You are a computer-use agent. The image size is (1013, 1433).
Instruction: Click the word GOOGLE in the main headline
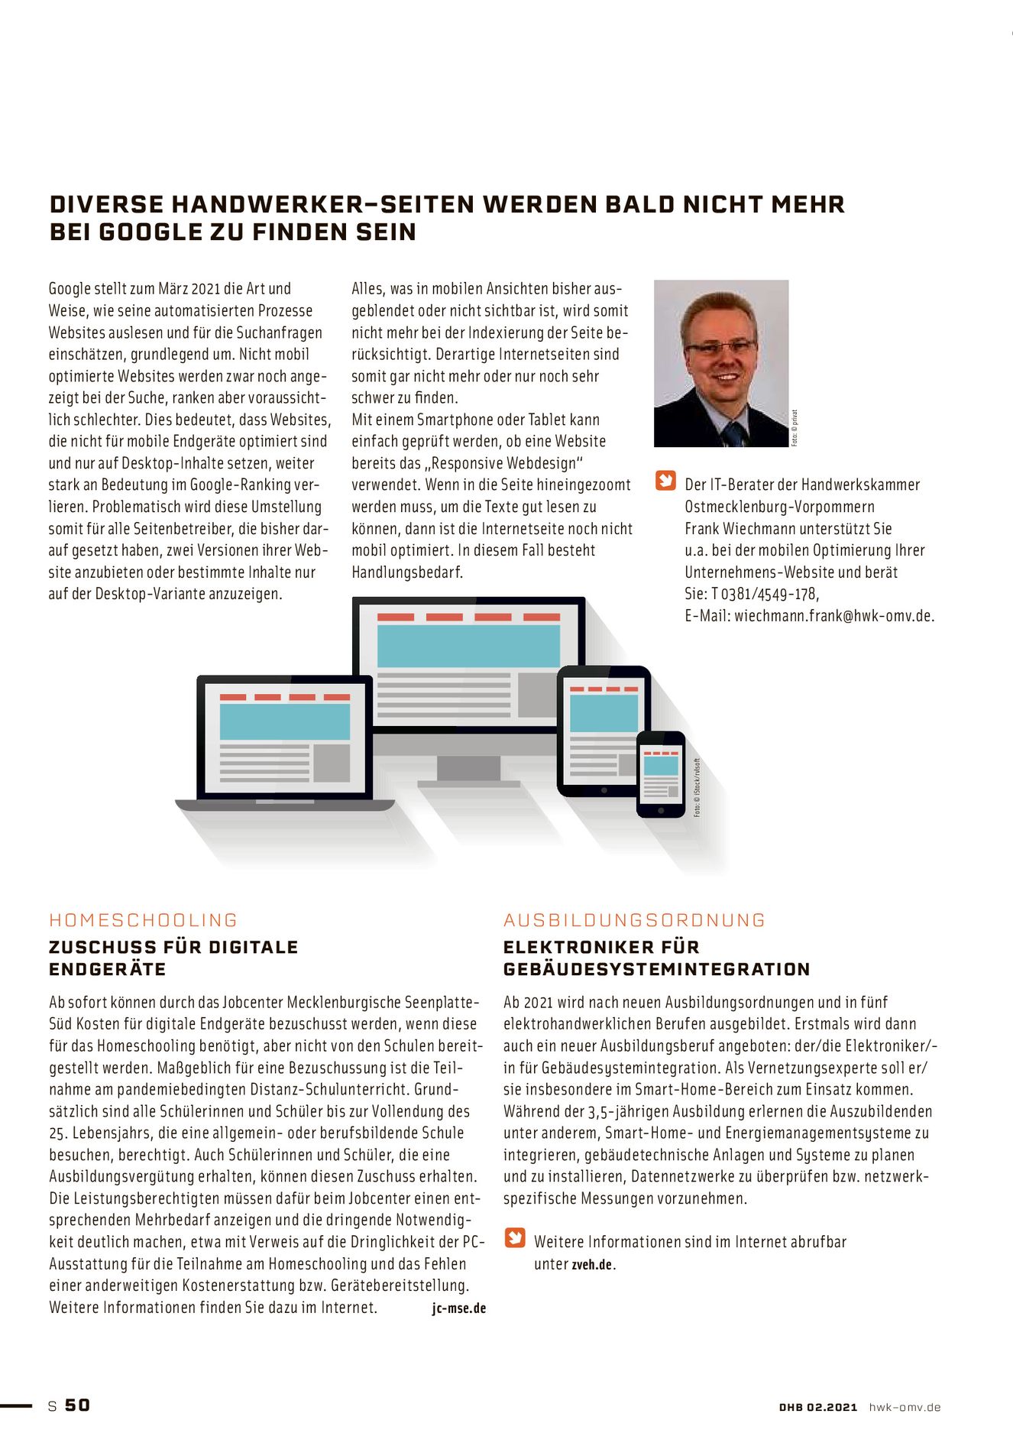149,232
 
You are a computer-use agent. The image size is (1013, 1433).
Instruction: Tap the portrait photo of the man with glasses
720,363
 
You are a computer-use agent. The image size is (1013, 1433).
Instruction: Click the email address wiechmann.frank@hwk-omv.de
834,616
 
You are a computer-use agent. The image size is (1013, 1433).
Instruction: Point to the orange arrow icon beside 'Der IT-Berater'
666,481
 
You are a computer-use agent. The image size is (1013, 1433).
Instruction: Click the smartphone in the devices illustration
661,773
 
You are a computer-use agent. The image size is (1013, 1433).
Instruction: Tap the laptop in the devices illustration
284,741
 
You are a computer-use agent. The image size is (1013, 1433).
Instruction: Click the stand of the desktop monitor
468,770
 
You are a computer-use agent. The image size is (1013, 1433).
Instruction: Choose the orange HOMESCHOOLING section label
144,920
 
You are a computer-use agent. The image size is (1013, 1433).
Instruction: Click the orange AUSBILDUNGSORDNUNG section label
634,920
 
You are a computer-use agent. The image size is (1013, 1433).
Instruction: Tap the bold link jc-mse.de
458,1308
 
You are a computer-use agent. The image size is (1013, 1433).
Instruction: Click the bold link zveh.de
592,1265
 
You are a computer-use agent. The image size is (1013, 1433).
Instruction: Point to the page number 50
77,1405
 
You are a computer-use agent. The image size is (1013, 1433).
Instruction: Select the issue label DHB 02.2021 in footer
818,1407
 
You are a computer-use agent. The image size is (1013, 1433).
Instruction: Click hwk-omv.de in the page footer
905,1407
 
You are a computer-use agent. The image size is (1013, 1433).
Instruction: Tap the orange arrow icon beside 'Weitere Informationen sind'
515,1237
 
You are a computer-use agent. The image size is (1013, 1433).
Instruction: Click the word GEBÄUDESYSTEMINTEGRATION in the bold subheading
656,969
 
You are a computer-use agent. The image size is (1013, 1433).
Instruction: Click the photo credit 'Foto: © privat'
795,428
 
